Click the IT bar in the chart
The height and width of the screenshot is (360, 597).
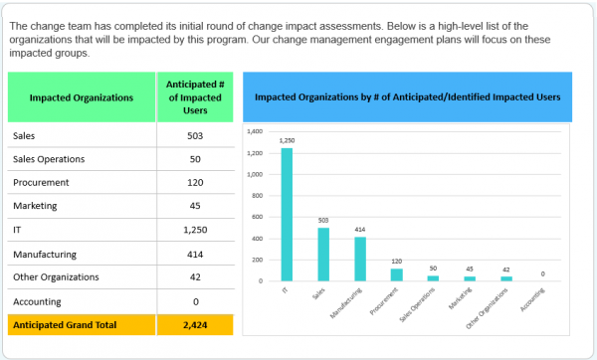(287, 214)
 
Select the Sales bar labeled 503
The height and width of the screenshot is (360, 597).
(324, 255)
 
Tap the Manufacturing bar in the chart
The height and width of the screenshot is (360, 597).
(361, 259)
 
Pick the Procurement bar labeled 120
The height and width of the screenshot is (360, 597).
(397, 274)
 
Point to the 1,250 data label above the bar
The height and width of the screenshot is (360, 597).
(288, 140)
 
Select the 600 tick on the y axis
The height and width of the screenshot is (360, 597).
(256, 217)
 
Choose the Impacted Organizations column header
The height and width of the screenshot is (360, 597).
(82, 97)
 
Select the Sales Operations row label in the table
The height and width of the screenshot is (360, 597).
(49, 159)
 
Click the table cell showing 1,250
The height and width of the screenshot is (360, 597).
(195, 230)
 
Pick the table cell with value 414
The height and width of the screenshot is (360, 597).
(195, 255)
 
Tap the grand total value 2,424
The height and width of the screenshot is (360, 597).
(195, 325)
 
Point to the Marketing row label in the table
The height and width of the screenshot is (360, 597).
(36, 206)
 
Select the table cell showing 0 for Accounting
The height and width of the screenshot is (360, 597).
(195, 301)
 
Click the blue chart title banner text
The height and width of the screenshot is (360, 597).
(407, 97)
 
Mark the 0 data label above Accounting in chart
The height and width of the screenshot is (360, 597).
(542, 273)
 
